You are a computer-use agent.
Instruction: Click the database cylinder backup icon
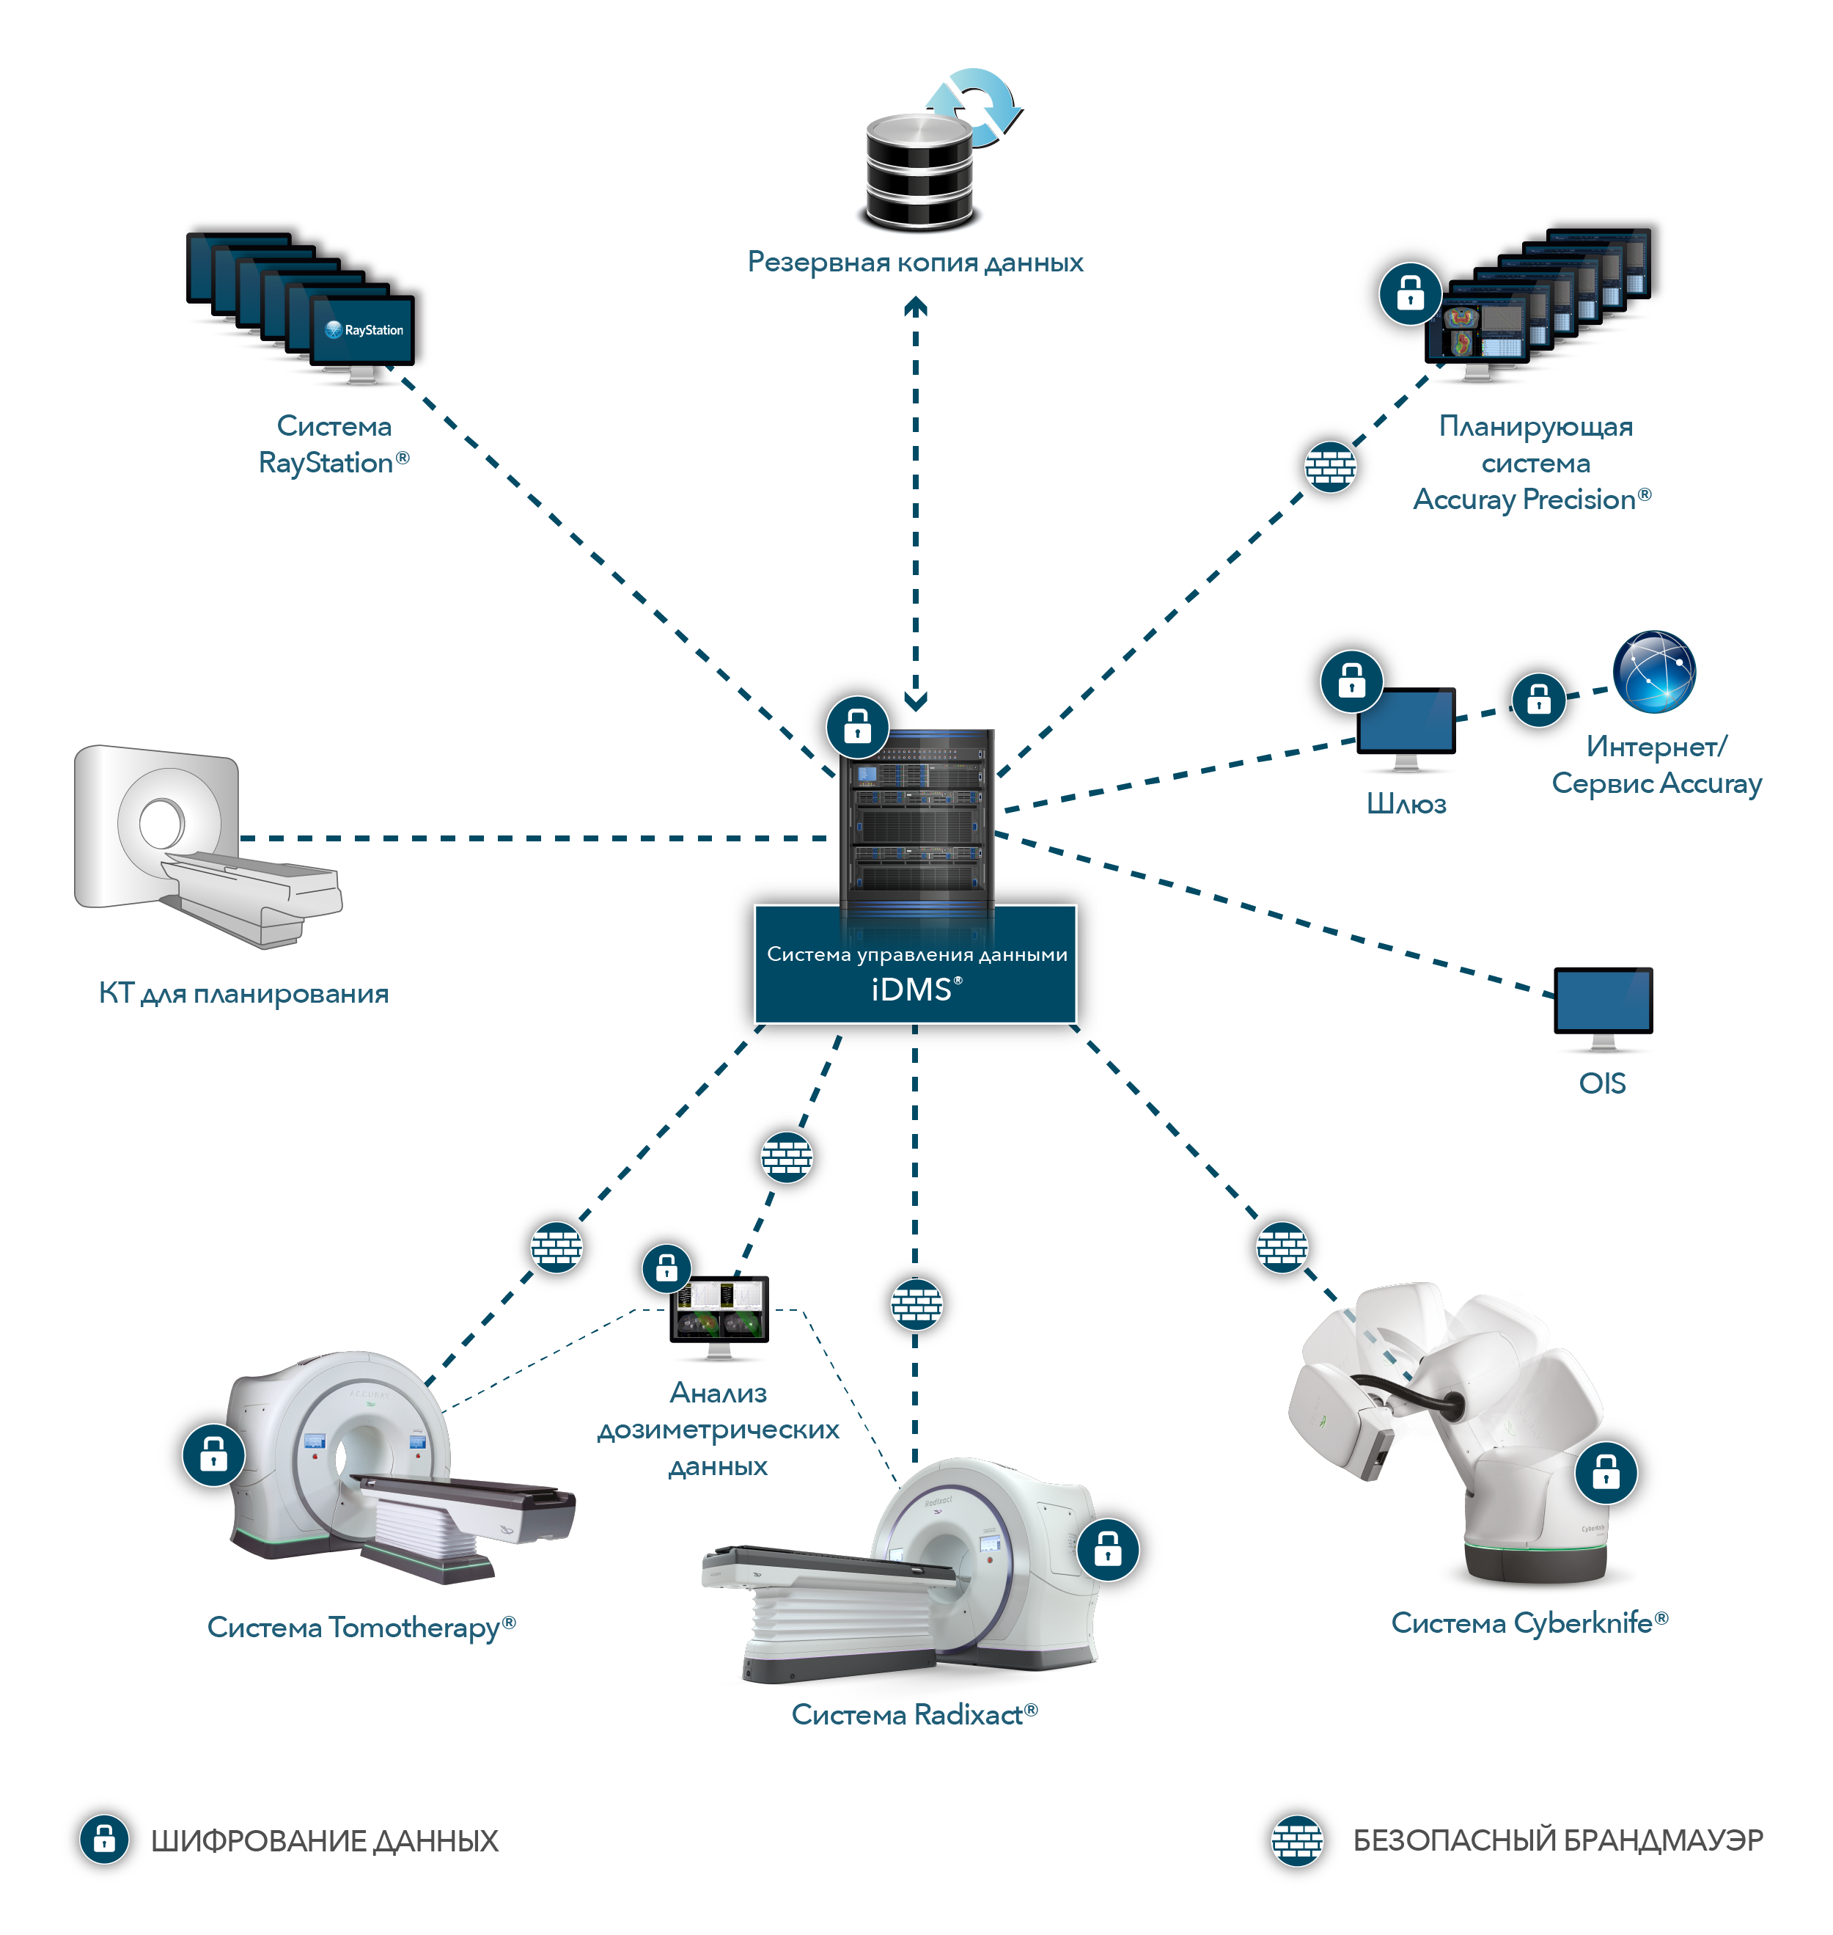pyautogui.click(x=919, y=171)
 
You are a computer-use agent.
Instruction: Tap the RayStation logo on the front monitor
pyautogui.click(x=364, y=330)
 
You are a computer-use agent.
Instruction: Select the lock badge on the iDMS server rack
pyautogui.click(x=857, y=726)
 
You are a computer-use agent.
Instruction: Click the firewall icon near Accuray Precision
pyautogui.click(x=1330, y=467)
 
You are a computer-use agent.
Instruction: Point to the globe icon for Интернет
pyautogui.click(x=1654, y=671)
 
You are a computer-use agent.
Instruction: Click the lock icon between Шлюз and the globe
pyautogui.click(x=1538, y=700)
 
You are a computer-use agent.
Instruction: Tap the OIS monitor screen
pyautogui.click(x=1603, y=1000)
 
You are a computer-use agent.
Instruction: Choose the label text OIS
pyautogui.click(x=1603, y=1083)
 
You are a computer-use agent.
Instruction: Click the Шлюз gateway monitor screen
pyautogui.click(x=1406, y=720)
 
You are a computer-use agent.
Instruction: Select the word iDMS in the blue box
pyautogui.click(x=911, y=990)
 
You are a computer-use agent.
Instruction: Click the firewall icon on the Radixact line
pyautogui.click(x=916, y=1303)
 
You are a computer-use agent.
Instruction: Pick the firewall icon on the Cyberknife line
pyautogui.click(x=1281, y=1248)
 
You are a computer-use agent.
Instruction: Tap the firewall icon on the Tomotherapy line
pyautogui.click(x=556, y=1248)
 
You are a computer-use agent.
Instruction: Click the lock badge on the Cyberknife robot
pyautogui.click(x=1605, y=1471)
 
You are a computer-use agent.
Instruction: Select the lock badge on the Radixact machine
pyautogui.click(x=1107, y=1549)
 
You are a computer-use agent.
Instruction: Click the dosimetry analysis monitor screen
pyautogui.click(x=719, y=1309)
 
